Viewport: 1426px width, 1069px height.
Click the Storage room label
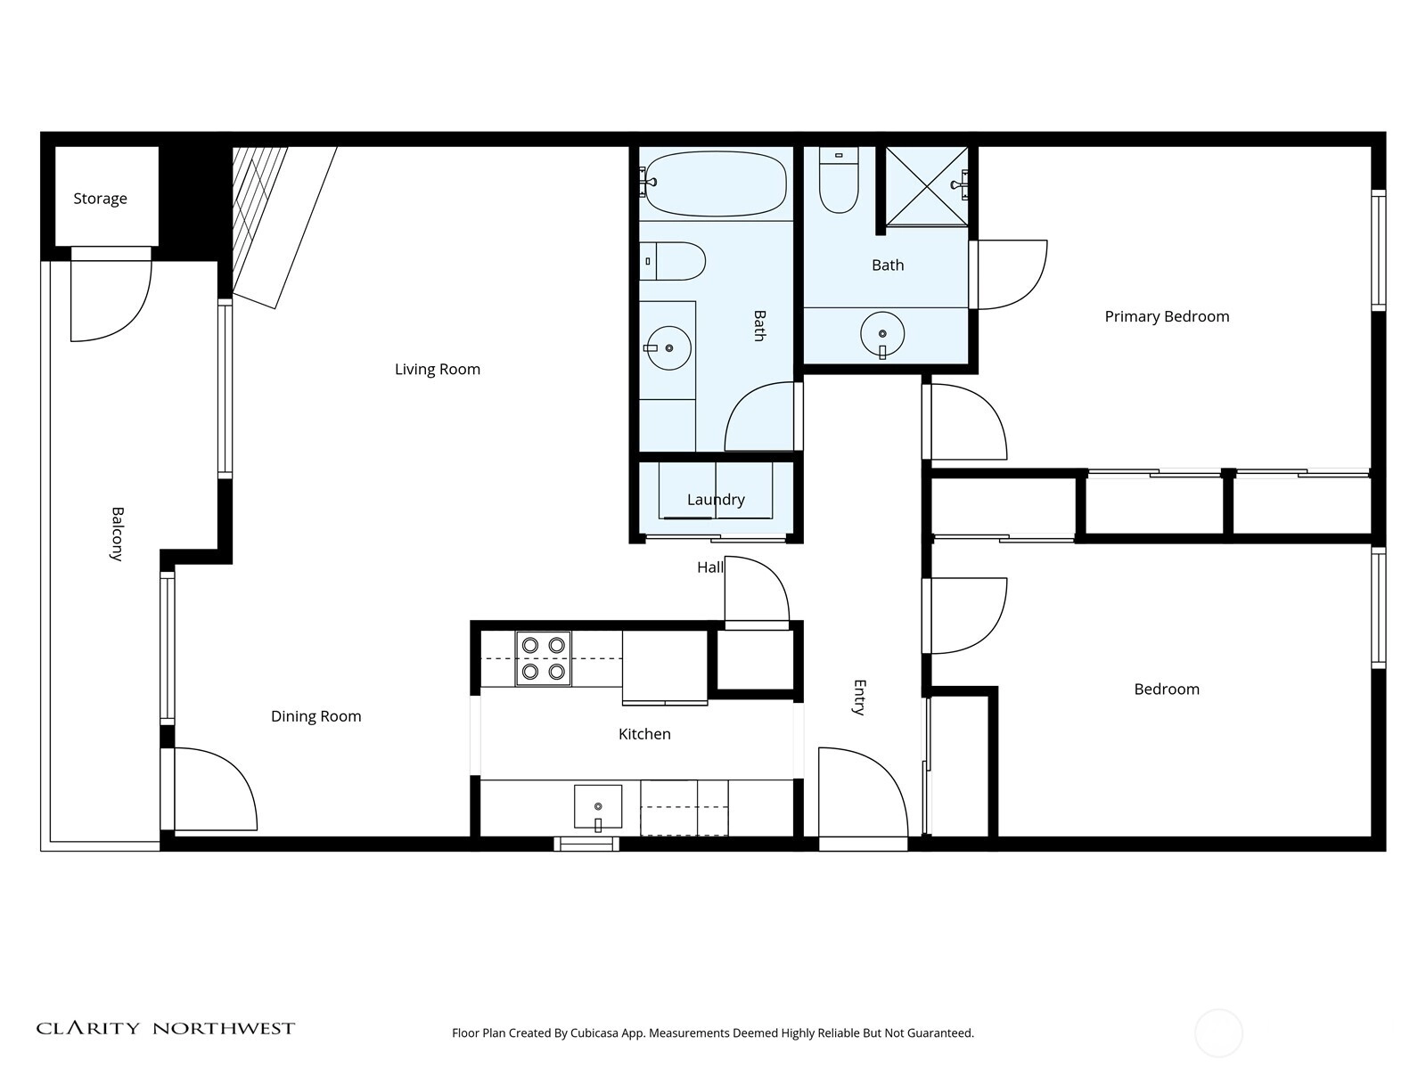(x=100, y=199)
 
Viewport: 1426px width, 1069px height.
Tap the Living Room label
(x=438, y=370)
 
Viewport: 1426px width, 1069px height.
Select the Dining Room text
(x=316, y=716)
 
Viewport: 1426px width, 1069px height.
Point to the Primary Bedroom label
(x=1167, y=317)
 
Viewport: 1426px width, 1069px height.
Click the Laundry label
(x=716, y=500)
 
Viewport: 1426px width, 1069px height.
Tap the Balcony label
(x=117, y=534)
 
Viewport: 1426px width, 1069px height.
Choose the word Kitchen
(x=644, y=734)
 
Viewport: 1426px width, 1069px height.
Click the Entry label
(x=859, y=698)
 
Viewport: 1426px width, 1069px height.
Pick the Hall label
(x=710, y=568)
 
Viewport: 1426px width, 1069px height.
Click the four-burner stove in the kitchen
(x=543, y=658)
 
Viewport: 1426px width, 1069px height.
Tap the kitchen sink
(x=598, y=807)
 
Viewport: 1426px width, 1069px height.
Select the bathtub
(x=716, y=183)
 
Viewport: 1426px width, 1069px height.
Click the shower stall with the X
(x=926, y=186)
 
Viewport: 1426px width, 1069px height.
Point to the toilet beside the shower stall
(x=839, y=180)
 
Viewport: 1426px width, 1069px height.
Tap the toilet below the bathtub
(x=672, y=261)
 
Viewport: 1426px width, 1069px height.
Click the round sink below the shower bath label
(x=882, y=334)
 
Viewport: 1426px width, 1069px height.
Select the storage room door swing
(x=111, y=300)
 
